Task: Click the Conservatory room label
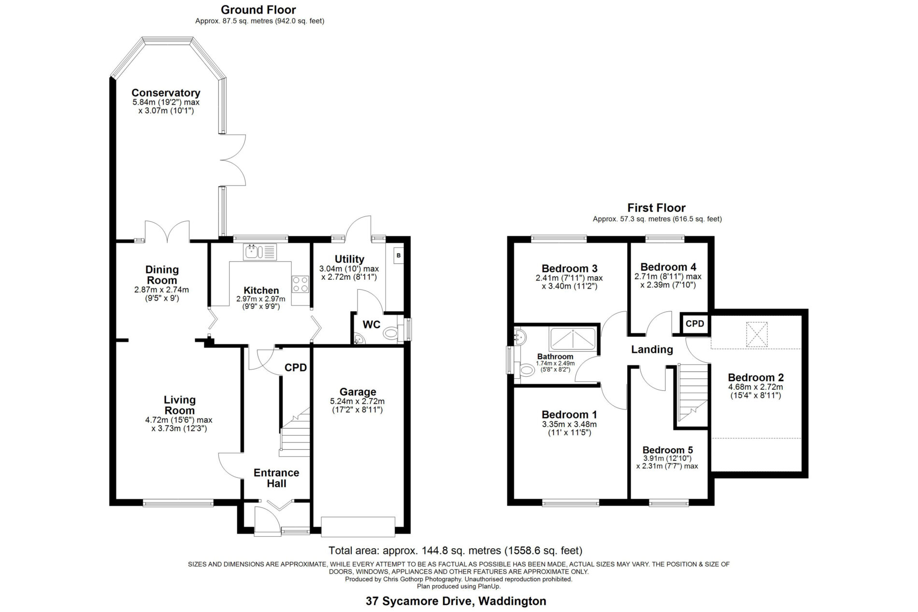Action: point(166,93)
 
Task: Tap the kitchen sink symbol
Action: point(260,252)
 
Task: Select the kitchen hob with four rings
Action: point(300,284)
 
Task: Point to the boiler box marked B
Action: point(399,255)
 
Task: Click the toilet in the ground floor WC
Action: point(390,333)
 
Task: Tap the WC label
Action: point(372,325)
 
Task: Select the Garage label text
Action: point(358,392)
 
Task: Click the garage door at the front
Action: point(359,527)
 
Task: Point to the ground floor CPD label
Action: point(296,368)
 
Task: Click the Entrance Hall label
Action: point(276,478)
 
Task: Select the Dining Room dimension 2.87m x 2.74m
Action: point(161,290)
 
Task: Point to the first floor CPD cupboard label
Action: point(695,324)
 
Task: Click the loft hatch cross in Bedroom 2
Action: point(757,334)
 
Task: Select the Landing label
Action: point(652,349)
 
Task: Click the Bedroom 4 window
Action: point(665,238)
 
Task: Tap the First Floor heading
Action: point(656,208)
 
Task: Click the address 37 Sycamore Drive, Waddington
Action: point(456,601)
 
